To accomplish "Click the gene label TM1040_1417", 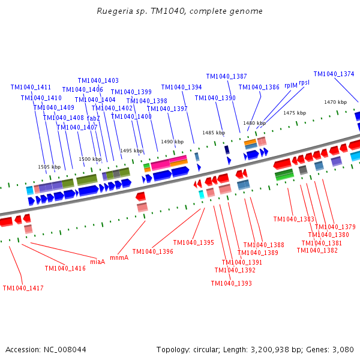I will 23,288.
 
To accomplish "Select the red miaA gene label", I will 98,262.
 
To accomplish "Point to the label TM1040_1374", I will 334,74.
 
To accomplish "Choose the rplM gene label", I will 291,86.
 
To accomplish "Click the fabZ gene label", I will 94,118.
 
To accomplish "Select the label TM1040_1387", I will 226,76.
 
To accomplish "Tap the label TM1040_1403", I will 98,80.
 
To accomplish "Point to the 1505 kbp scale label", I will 49,167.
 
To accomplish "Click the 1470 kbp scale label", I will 335,102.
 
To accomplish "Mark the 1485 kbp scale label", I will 213,133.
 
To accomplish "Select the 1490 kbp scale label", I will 172,142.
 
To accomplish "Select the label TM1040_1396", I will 152,251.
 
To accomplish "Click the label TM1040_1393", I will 231,283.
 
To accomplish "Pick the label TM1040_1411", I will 31,87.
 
